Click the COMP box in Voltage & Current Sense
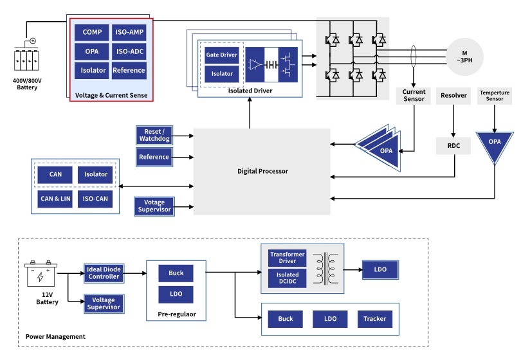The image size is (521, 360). click(x=92, y=32)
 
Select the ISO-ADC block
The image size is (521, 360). click(x=129, y=51)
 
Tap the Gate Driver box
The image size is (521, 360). click(x=222, y=55)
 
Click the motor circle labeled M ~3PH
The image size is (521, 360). click(x=463, y=56)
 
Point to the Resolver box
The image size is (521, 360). click(x=453, y=96)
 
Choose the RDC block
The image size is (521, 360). click(x=453, y=145)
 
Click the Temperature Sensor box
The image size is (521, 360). click(x=494, y=96)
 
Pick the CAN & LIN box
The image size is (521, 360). click(x=55, y=199)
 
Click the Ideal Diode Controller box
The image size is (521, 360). click(x=104, y=273)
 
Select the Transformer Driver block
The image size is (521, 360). click(x=288, y=257)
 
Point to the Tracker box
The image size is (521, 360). click(x=375, y=319)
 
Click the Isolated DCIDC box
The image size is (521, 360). click(x=288, y=278)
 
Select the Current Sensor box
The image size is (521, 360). click(x=414, y=96)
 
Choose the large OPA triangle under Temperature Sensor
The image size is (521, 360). click(x=494, y=143)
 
